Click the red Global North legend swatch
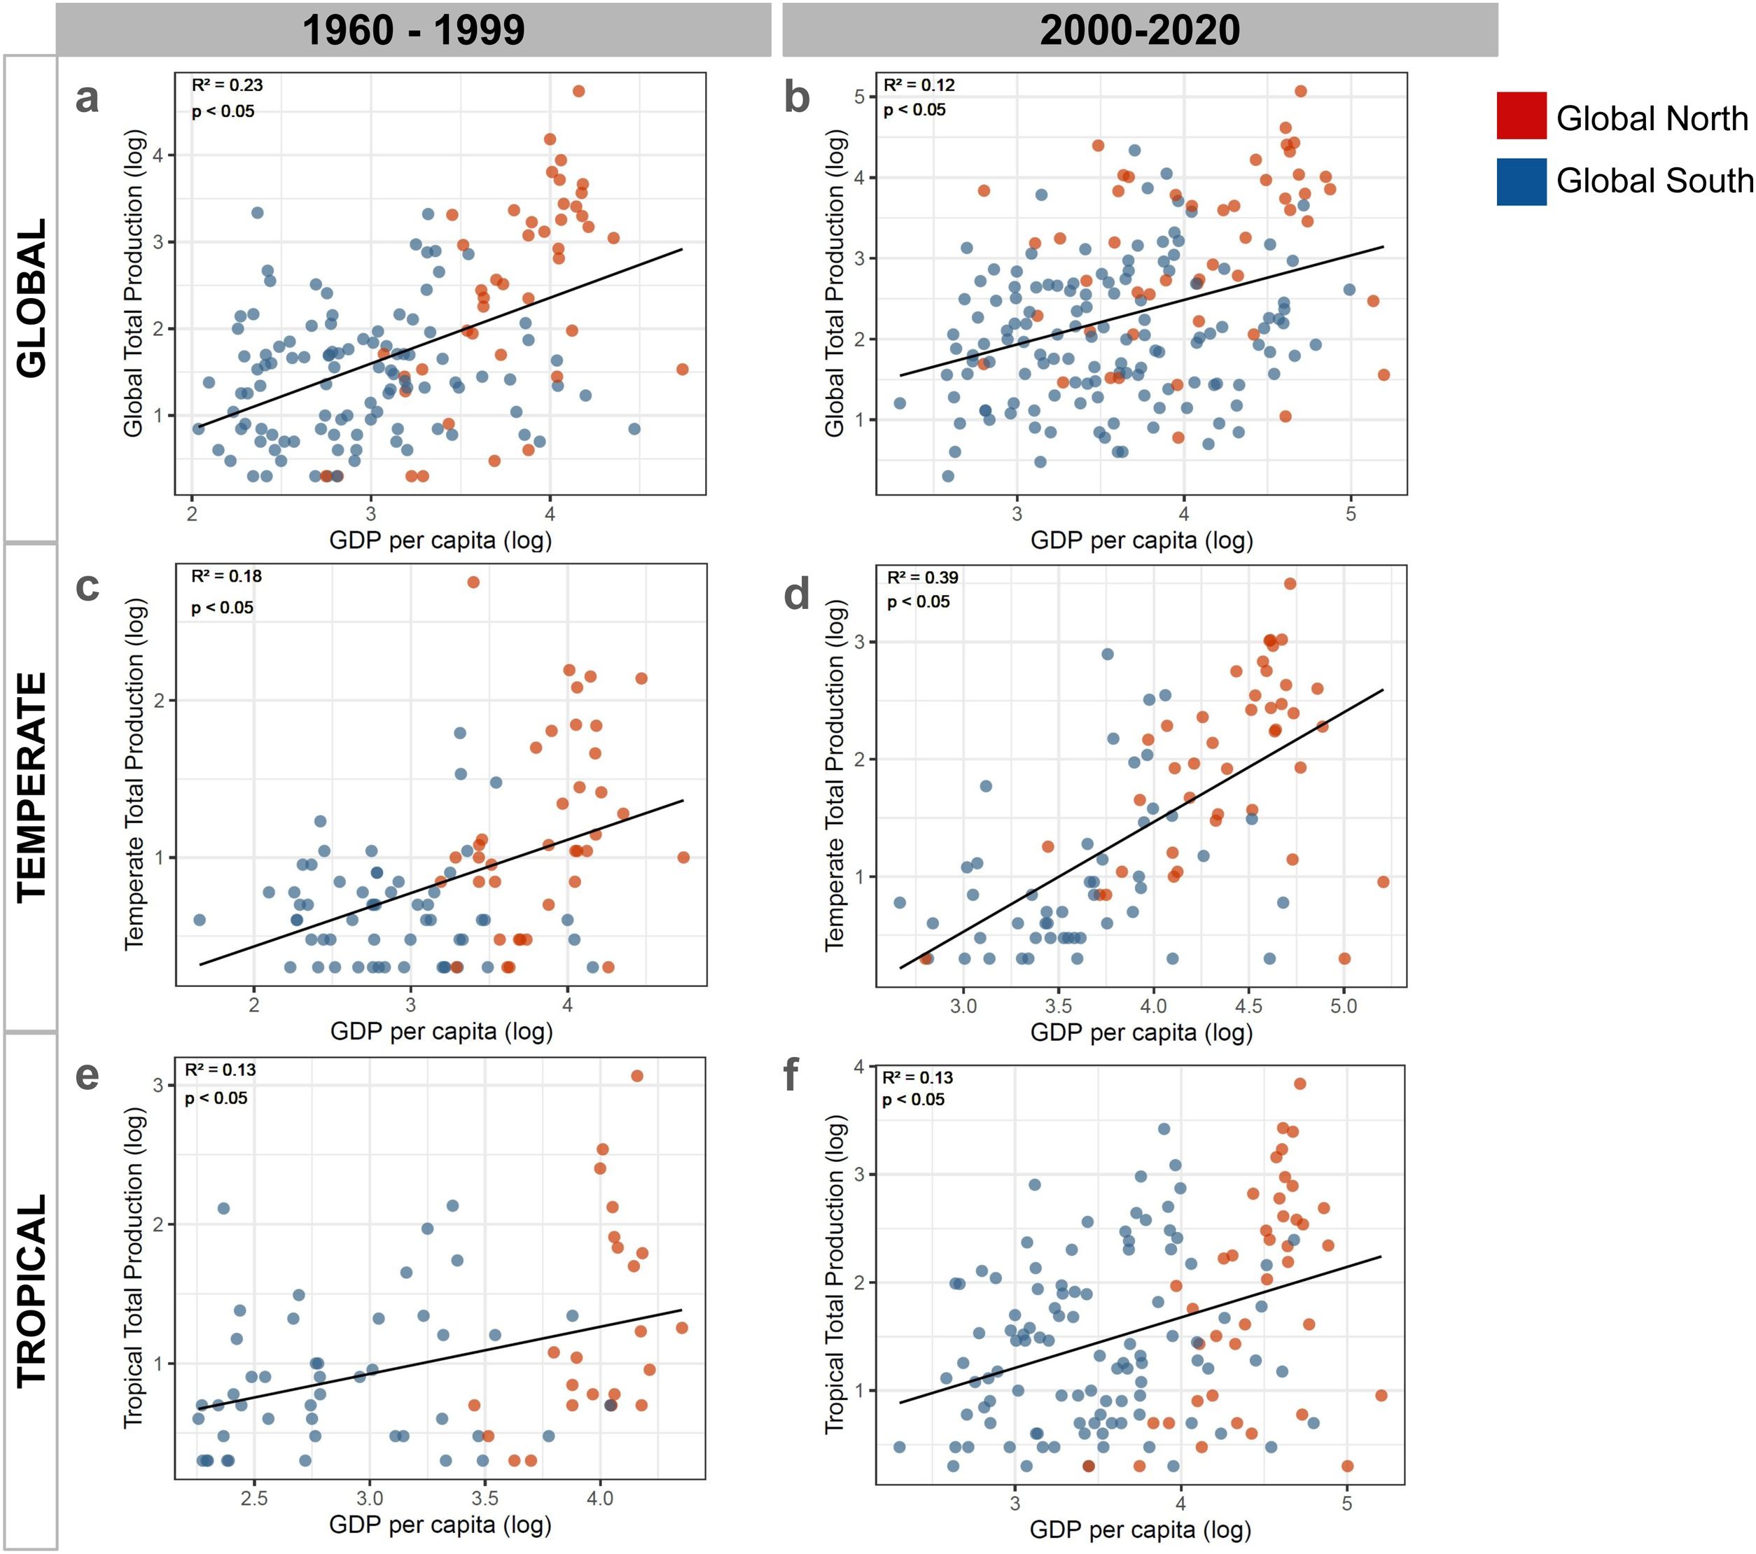pos(1521,116)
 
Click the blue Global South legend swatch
pos(1521,181)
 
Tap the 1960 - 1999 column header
pos(413,30)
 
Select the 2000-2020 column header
pos(1139,30)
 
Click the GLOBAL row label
pos(32,298)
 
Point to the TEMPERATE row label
pos(32,786)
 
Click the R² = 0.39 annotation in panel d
pos(922,577)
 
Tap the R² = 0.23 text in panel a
pos(227,85)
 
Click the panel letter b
pos(796,98)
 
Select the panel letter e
pos(87,1075)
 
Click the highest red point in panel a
pos(578,91)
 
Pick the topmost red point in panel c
pos(473,582)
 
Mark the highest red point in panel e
pos(636,1075)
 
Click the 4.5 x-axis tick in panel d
pos(1248,1006)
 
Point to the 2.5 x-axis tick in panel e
pos(253,1497)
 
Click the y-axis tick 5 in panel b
pos(859,97)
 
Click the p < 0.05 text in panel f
pos(913,1100)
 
